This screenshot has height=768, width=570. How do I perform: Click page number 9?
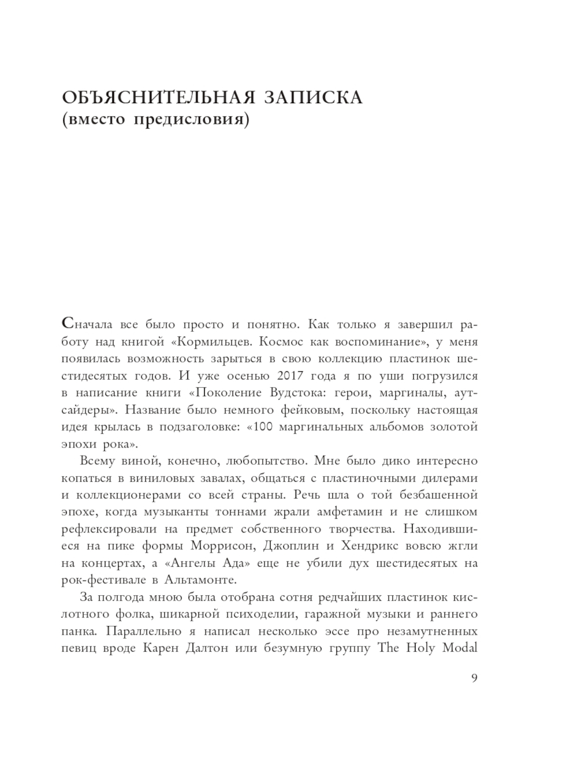(x=474, y=677)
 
